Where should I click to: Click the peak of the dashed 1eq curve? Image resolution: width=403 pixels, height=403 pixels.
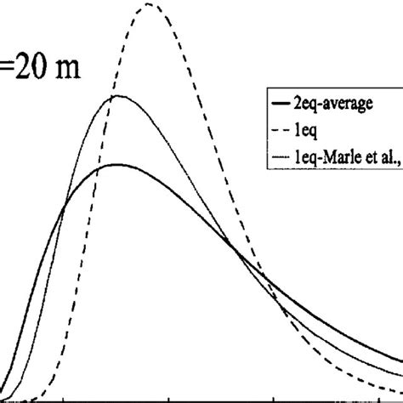click(150, 5)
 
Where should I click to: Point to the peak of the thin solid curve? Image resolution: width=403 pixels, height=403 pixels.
click(118, 96)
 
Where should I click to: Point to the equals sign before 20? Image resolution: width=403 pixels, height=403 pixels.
click(6, 68)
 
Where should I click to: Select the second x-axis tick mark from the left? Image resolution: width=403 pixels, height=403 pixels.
click(168, 397)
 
